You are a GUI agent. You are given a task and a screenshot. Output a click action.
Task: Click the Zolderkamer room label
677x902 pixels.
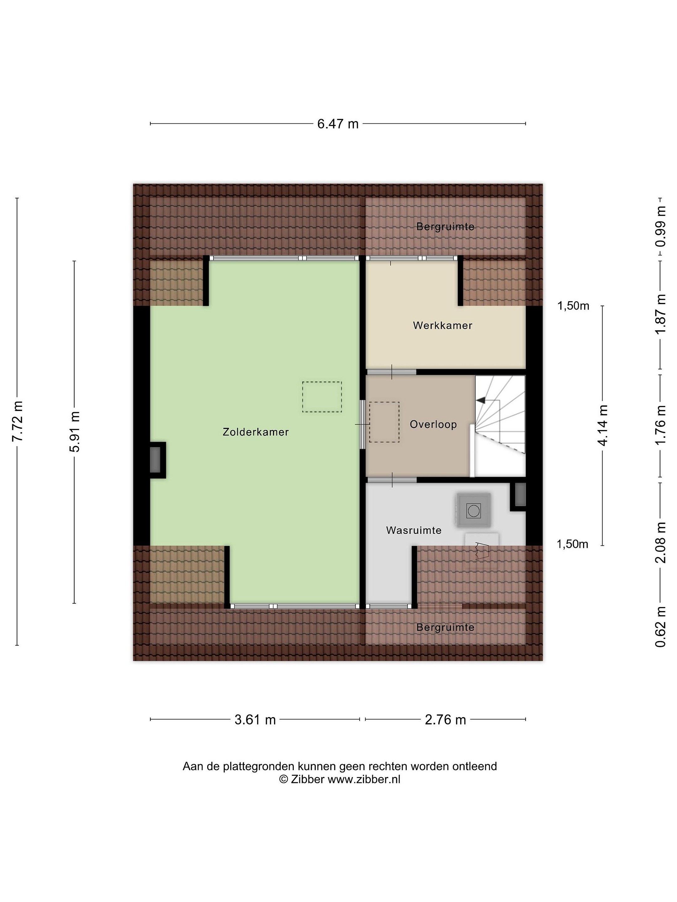(x=255, y=432)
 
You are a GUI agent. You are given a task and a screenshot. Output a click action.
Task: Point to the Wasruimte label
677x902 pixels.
(x=414, y=530)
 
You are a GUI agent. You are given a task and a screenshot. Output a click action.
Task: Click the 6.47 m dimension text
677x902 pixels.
(x=338, y=124)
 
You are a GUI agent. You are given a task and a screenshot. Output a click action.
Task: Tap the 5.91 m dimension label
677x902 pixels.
(x=75, y=432)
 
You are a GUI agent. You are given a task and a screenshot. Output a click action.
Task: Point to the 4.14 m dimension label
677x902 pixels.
(x=602, y=425)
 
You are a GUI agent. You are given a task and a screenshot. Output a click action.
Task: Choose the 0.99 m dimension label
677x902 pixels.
(x=660, y=226)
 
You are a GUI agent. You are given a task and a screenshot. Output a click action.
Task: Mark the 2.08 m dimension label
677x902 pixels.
(x=660, y=542)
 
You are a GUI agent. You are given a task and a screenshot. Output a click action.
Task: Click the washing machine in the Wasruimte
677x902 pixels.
(x=473, y=510)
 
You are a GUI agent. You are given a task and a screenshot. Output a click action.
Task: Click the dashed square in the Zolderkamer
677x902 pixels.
(x=322, y=397)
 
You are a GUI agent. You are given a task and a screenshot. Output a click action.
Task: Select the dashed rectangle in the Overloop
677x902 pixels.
(x=384, y=422)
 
